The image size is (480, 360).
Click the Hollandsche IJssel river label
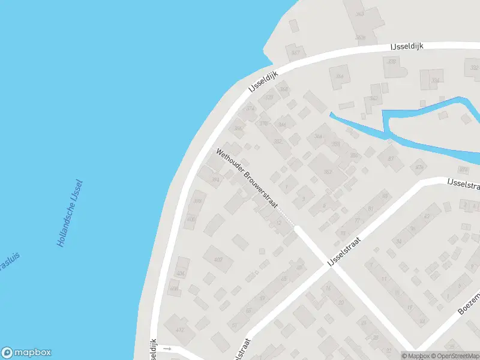click(70, 215)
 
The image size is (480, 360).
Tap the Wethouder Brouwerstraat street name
click(247, 179)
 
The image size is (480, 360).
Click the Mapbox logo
click(26, 353)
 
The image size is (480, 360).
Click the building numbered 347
click(295, 53)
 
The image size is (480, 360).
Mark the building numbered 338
click(393, 62)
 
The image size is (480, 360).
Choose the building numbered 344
click(340, 77)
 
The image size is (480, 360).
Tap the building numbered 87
click(391, 159)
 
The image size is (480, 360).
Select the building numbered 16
click(328, 289)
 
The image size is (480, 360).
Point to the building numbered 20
click(341, 302)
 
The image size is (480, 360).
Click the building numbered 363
click(360, 14)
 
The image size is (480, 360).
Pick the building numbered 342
click(374, 98)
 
